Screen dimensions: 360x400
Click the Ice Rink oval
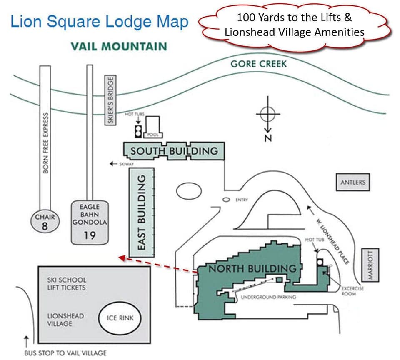click(120, 320)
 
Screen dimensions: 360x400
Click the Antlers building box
click(353, 182)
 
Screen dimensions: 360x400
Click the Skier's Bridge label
click(110, 100)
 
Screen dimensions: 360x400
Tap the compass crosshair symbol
click(268, 112)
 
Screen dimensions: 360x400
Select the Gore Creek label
click(259, 64)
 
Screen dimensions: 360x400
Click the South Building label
click(174, 151)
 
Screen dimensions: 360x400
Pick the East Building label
click(142, 212)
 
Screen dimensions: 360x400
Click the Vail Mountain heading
click(119, 46)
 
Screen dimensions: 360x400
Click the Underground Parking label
click(268, 297)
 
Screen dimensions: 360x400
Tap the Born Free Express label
click(46, 142)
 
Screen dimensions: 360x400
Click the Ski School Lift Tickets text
click(67, 284)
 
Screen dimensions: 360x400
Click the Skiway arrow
click(112, 164)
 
